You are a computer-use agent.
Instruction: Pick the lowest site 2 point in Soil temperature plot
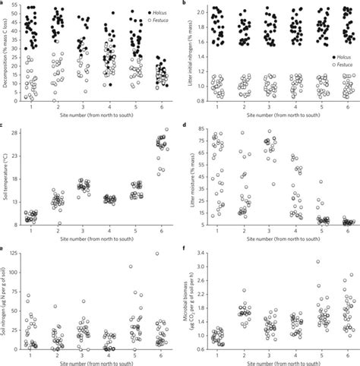click(x=59, y=224)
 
